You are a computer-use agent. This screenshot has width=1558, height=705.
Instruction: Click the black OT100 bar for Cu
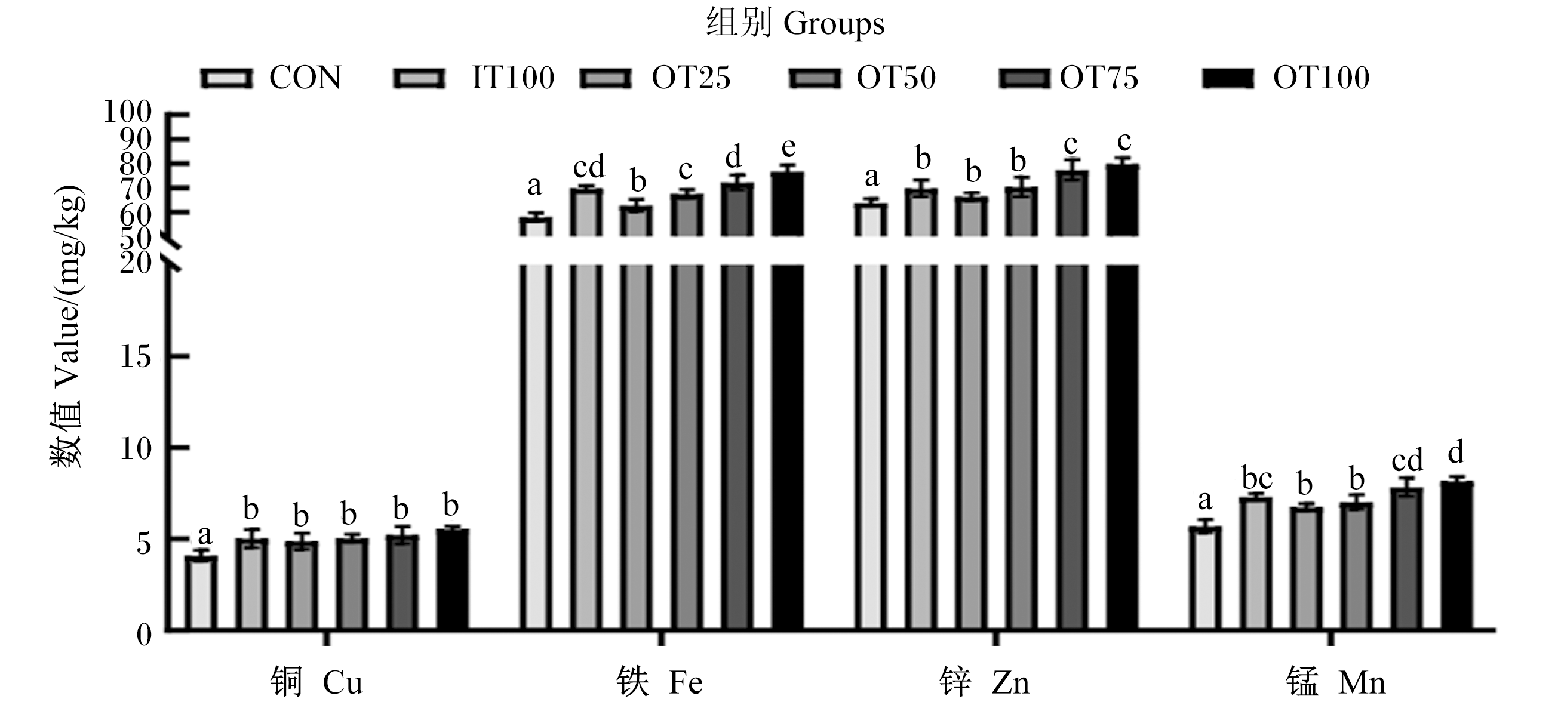tap(453, 579)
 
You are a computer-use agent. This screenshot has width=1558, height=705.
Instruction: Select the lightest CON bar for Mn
tap(1205, 578)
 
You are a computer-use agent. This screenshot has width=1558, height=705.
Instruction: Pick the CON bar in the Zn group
tap(871, 417)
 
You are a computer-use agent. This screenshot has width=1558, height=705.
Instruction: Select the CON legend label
tap(305, 78)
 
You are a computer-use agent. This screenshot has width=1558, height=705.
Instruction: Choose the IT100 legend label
tap(513, 78)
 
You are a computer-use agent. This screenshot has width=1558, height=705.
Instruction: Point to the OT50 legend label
tap(896, 78)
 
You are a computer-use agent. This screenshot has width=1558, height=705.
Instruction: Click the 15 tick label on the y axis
tap(136, 357)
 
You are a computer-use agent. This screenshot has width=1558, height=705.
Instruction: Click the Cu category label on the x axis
tap(316, 683)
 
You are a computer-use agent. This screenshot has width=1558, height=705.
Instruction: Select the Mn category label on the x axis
tap(1335, 683)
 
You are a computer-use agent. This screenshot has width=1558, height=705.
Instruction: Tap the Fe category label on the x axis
tap(659, 683)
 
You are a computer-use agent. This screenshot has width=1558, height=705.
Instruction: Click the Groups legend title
tap(795, 24)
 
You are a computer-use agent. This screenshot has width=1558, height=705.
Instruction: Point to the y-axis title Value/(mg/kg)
tap(67, 327)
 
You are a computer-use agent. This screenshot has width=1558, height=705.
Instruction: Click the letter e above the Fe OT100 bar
tap(788, 147)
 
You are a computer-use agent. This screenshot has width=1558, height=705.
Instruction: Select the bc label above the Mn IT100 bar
tap(1257, 478)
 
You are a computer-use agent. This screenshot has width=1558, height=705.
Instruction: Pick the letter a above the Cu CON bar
tap(205, 535)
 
